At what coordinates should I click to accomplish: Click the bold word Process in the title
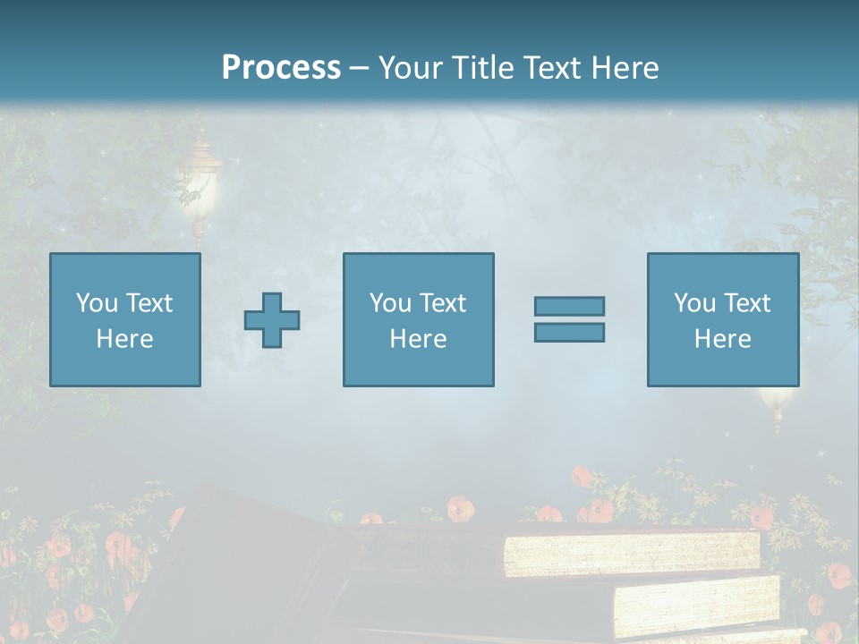(x=281, y=68)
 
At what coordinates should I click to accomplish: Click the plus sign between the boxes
(x=272, y=320)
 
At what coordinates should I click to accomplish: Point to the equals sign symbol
(x=569, y=319)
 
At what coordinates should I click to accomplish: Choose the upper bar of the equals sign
(x=569, y=306)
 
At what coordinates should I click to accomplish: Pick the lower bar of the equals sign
(x=569, y=333)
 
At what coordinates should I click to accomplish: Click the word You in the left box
(x=97, y=303)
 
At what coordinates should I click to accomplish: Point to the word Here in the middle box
(x=418, y=339)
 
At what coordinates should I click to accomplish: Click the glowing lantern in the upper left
(x=200, y=183)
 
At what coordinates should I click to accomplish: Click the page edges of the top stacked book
(x=631, y=553)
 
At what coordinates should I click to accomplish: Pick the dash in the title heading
(x=359, y=68)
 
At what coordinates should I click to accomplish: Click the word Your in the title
(x=411, y=68)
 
